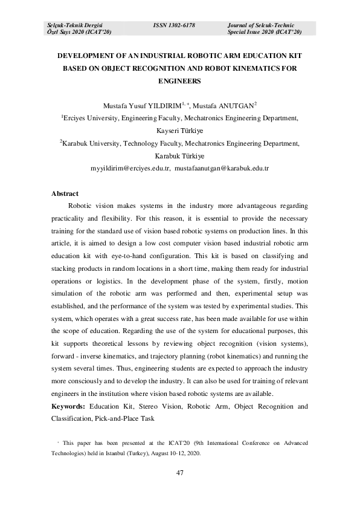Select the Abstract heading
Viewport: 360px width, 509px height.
[65, 193]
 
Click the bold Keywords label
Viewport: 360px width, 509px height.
[68, 406]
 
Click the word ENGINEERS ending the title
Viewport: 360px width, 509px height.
[179, 80]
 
